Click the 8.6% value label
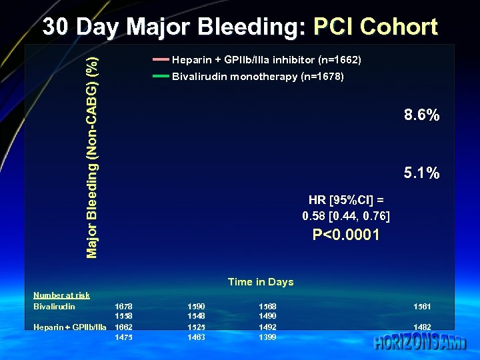click(x=421, y=115)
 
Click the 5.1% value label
click(x=421, y=173)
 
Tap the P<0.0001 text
click(x=346, y=235)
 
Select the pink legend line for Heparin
click(x=161, y=60)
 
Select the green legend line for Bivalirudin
click(x=161, y=77)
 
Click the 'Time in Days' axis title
click(x=260, y=282)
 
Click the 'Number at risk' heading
click(x=61, y=295)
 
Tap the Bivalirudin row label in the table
click(x=54, y=306)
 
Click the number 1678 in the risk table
click(x=123, y=306)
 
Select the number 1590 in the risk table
click(x=197, y=306)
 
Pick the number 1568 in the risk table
click(x=267, y=306)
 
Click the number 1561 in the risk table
click(x=421, y=306)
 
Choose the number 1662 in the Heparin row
click(x=123, y=327)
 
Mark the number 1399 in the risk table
click(x=267, y=337)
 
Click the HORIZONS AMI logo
click(x=420, y=343)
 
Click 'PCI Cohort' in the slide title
click(x=375, y=27)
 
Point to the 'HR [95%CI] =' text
click(x=346, y=199)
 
